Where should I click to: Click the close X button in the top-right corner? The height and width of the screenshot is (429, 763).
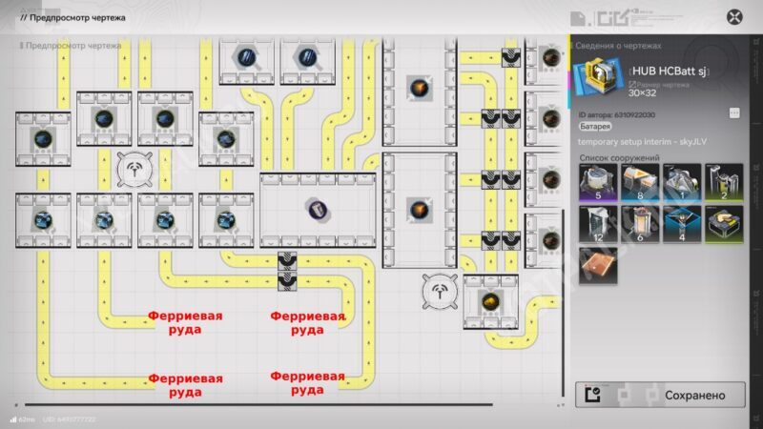point(734,16)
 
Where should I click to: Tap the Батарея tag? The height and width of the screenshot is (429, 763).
point(596,127)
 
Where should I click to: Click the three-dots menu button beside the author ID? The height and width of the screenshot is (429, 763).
point(734,112)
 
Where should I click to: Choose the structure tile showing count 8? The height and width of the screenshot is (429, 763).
point(640,182)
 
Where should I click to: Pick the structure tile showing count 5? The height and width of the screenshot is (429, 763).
point(598,182)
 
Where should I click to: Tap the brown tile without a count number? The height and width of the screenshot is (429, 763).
point(598,265)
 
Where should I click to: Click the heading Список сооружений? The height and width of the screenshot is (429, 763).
point(619,157)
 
